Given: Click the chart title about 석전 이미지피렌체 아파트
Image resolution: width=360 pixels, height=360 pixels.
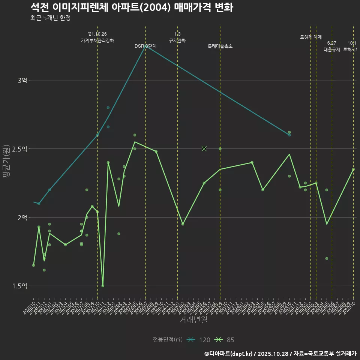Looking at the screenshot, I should coord(132,7).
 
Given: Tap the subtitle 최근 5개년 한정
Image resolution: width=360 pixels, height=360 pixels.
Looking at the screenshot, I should coord(50,18).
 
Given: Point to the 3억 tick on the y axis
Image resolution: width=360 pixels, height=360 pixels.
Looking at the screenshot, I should coord(22,80).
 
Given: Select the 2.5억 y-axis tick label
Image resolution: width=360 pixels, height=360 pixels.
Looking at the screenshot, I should coord(20,149).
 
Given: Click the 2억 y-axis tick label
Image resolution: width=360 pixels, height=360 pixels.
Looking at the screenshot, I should coord(22,217).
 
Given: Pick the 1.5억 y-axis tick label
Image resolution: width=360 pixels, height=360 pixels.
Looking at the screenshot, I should coord(20,286).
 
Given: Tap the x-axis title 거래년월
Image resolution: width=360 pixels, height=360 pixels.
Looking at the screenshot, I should coord(193,320).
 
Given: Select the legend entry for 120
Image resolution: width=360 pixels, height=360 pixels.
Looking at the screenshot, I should coord(199,340).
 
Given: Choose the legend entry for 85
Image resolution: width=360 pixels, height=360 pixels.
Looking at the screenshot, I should coord(225,340).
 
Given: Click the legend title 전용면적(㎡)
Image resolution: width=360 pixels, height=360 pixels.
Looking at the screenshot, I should coord(168,340).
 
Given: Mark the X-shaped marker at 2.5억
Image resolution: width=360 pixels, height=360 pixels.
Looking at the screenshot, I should coord(204,149).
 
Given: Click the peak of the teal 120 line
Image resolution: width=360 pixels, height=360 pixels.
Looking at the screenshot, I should coord(145,47).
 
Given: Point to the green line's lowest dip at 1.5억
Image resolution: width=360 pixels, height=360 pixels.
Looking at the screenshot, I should coord(103,286).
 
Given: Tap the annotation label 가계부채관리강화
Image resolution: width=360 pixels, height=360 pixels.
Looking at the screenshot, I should coord(97,40).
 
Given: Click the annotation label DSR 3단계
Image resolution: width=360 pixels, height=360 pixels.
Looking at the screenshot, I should coord(145,46).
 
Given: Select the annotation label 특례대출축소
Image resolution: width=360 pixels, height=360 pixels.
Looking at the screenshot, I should coord(220,46).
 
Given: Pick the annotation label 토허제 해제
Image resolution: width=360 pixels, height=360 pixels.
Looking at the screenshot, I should coord(311,37).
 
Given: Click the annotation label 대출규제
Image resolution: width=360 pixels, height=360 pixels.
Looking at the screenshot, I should coord(332,49).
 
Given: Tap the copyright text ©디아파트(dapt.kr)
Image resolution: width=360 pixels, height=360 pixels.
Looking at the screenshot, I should coord(229,354).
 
